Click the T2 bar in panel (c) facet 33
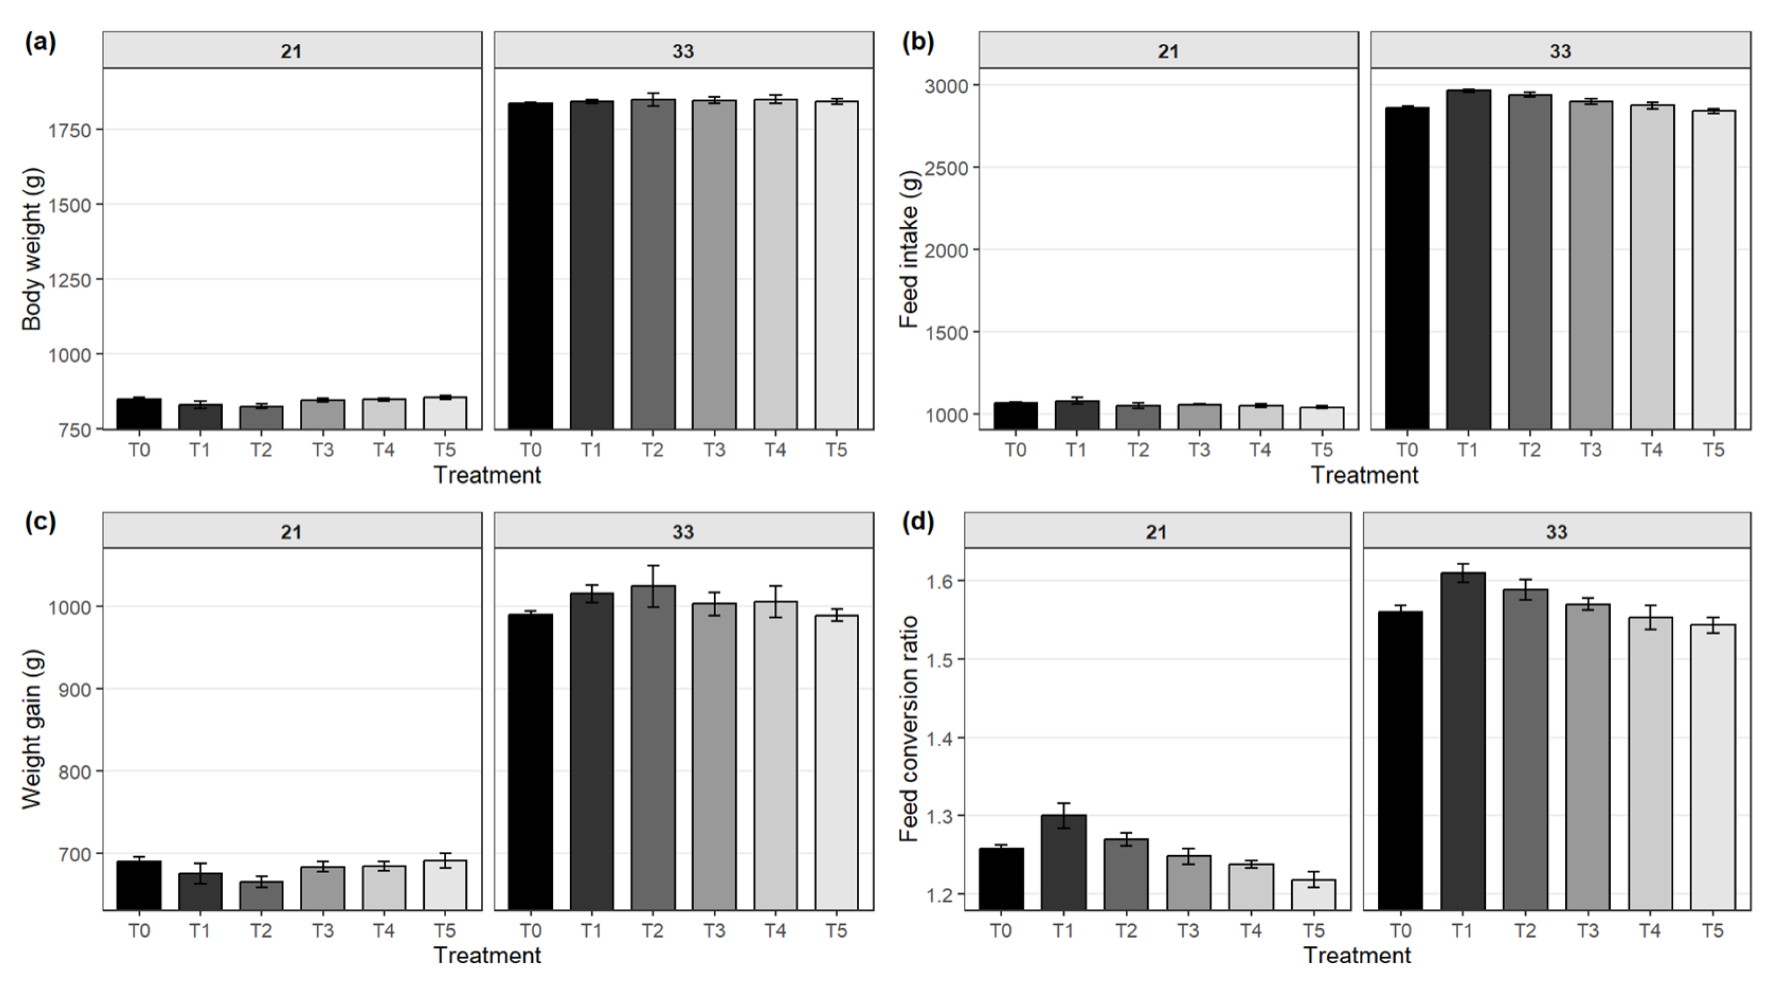click(653, 748)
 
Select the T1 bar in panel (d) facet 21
click(1063, 862)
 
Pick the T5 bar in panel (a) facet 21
click(444, 413)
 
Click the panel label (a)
click(40, 43)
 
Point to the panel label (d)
click(918, 521)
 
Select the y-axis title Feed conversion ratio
click(908, 728)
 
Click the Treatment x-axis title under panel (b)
click(1364, 475)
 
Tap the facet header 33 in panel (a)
click(683, 51)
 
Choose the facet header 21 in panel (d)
click(1156, 532)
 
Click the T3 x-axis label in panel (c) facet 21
click(322, 930)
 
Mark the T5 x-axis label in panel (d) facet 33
click(1712, 930)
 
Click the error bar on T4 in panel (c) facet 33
click(775, 601)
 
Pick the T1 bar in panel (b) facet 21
click(1076, 415)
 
